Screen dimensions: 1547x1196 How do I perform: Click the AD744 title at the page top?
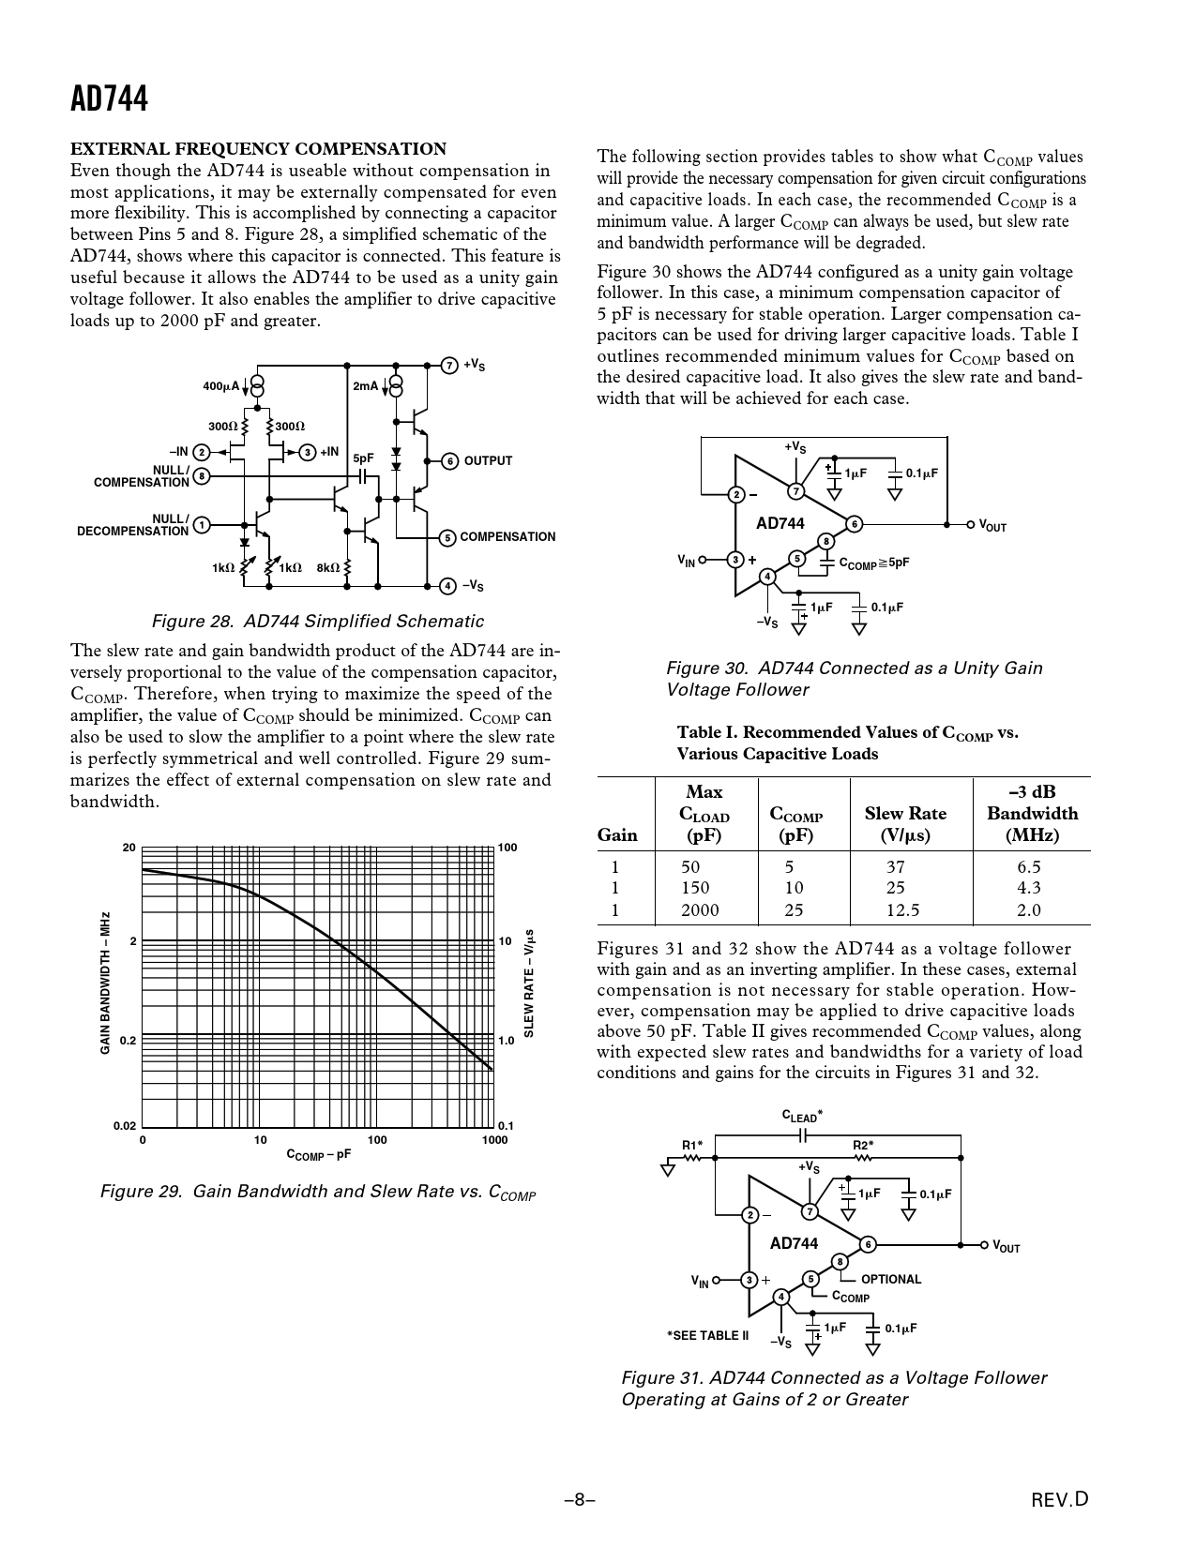[109, 98]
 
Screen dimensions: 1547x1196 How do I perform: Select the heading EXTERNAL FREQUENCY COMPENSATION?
[259, 148]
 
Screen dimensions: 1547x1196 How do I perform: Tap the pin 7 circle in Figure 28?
[448, 365]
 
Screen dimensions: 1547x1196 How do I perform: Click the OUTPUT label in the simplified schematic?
[488, 461]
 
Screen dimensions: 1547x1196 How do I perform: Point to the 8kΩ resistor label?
[328, 567]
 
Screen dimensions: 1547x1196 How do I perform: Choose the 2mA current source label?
[366, 386]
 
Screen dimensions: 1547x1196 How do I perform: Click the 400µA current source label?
[221, 386]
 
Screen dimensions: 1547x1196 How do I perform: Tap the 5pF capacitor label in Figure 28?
[363, 458]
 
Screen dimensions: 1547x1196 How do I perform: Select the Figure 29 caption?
[318, 1192]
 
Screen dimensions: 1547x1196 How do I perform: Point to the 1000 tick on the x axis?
[494, 1140]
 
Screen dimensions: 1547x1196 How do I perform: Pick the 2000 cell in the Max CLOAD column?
[700, 909]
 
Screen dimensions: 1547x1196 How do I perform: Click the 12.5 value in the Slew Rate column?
[902, 909]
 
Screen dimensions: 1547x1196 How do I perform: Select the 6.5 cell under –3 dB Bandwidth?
[1028, 867]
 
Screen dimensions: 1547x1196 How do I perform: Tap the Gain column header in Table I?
[617, 834]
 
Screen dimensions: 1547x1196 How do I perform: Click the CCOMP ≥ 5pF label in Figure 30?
[873, 563]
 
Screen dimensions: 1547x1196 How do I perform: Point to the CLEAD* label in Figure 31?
[802, 1117]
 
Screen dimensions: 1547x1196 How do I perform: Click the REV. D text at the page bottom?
[1060, 1500]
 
